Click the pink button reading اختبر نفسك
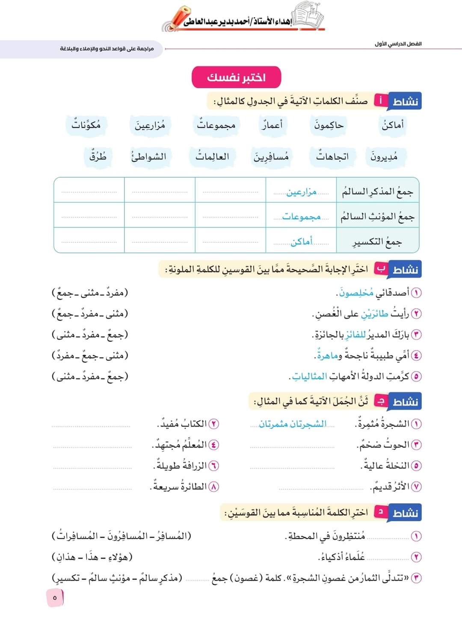coord(236,77)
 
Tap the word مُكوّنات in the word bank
coord(86,125)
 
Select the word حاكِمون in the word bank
coord(329,125)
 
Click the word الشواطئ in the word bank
coord(148,157)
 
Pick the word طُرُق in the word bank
coord(98,157)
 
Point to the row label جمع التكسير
coord(377,242)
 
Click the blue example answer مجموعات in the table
coord(301,217)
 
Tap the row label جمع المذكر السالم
coord(377,192)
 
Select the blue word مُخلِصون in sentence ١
coord(357,293)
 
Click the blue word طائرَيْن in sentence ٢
coord(374,314)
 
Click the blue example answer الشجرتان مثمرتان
coord(293,424)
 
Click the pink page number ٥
coord(54,598)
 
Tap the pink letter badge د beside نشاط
coord(380,512)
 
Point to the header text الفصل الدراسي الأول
coord(398,44)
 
